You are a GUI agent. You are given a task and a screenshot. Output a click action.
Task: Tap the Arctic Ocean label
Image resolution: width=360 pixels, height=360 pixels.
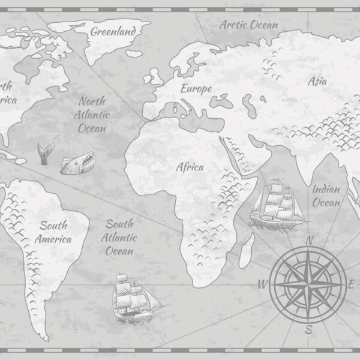tap(248, 25)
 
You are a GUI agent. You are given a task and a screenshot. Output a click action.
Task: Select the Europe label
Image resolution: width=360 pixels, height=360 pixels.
tap(196, 89)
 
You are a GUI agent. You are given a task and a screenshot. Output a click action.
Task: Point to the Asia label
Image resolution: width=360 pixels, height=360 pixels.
tap(317, 82)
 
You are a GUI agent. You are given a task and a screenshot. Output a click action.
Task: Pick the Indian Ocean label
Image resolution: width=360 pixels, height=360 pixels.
tap(327, 196)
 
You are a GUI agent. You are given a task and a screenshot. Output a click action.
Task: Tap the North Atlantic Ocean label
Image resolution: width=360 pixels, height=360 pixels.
tap(92, 115)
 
